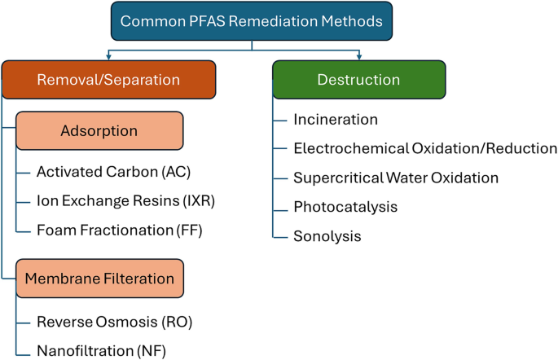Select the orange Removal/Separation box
click(x=108, y=80)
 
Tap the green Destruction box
click(x=358, y=80)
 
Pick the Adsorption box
click(x=99, y=130)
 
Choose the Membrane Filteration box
click(x=99, y=279)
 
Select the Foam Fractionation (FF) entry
click(x=119, y=230)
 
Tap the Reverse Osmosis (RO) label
click(x=114, y=321)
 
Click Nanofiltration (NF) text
click(x=106, y=350)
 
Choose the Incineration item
click(x=336, y=120)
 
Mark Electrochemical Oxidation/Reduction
click(x=425, y=148)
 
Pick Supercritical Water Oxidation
click(x=396, y=178)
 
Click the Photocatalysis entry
click(x=345, y=207)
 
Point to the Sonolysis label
click(x=327, y=236)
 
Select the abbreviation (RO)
click(x=177, y=321)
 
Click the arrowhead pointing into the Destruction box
click(x=358, y=56)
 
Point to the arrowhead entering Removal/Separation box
click(x=108, y=56)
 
